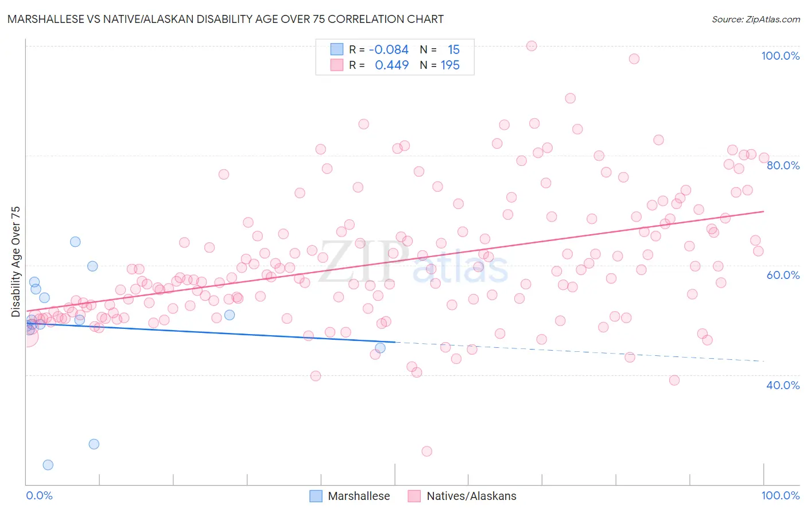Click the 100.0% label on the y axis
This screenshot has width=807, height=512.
coord(780,56)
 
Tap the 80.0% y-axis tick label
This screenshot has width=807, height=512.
coord(783,165)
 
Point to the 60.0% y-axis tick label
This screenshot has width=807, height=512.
coord(783,275)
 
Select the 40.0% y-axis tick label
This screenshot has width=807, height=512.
coord(783,385)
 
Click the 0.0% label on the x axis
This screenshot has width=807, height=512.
coord(39,495)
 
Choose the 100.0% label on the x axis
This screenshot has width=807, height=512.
coord(780,495)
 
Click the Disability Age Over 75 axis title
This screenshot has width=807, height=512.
coord(15,262)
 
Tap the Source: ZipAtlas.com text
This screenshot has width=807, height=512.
coord(755,20)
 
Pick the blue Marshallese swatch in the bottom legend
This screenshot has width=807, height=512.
coord(316,496)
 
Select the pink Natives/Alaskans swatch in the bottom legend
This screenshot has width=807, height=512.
coord(414,496)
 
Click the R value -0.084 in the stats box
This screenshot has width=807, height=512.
coord(389,49)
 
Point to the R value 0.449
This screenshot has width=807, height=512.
coord(391,65)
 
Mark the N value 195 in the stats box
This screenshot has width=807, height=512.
coord(450,65)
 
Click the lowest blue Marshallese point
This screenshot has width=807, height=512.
coord(48,465)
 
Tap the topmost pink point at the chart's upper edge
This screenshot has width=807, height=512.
coord(531,46)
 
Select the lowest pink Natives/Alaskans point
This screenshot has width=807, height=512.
coord(426,451)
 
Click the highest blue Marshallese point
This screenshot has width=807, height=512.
coord(75,242)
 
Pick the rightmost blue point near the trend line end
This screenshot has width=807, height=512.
coord(380,348)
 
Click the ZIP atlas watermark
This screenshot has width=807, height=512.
coord(413,263)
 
